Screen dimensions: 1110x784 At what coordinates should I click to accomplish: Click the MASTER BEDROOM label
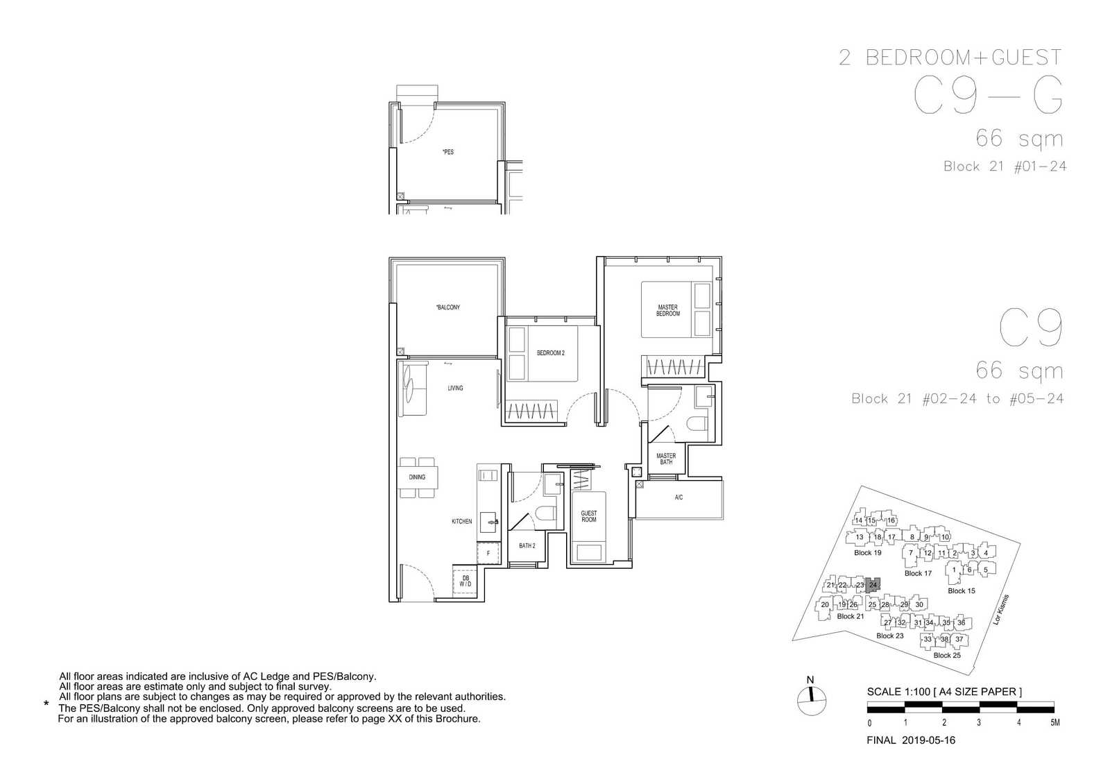click(668, 310)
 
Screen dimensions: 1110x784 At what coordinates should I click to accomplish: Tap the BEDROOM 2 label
click(551, 353)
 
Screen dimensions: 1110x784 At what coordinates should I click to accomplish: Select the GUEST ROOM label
click(589, 516)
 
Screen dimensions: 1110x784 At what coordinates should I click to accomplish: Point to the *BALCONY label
click(448, 307)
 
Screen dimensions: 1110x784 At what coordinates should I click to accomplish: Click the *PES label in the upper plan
click(448, 152)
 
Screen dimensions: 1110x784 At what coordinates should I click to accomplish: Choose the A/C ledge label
click(679, 497)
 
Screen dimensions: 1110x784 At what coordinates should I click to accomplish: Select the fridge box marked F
click(488, 553)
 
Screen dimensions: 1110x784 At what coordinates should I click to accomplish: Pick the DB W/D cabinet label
click(466, 581)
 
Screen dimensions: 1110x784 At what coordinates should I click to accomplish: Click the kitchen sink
click(489, 522)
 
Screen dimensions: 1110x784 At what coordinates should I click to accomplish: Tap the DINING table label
click(417, 477)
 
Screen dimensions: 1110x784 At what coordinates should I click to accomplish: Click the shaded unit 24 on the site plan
click(873, 585)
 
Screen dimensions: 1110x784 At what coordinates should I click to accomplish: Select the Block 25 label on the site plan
click(947, 655)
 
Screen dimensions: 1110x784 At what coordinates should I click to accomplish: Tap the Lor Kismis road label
click(1001, 610)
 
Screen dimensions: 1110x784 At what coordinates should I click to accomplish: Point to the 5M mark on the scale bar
click(1055, 722)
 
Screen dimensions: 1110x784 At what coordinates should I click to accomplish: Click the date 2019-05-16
click(928, 740)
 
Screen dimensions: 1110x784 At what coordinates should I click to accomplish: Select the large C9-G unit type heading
click(988, 95)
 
